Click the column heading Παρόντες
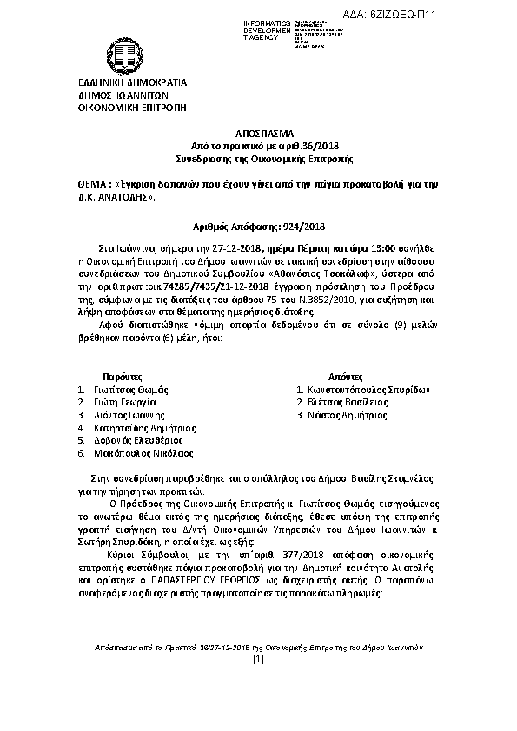(122, 379)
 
